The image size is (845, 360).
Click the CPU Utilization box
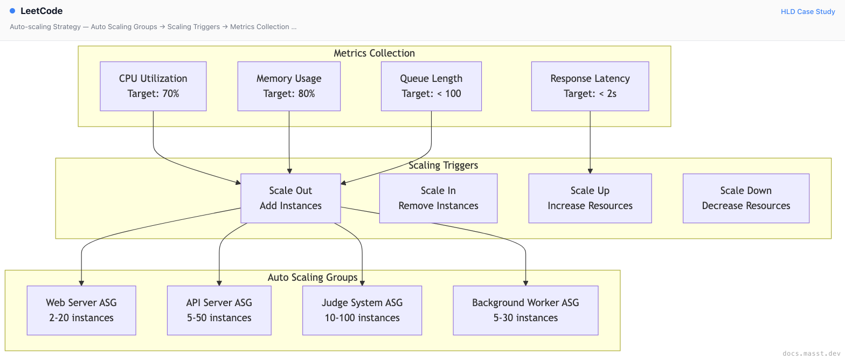tap(153, 86)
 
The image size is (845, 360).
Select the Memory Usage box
tap(289, 86)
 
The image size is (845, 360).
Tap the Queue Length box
tap(431, 86)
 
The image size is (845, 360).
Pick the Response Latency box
tap(590, 86)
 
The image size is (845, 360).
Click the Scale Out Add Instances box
tap(290, 198)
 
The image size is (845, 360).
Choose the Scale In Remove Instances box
tap(438, 198)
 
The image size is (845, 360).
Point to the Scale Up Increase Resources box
tap(590, 198)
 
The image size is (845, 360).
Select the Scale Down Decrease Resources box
tap(746, 198)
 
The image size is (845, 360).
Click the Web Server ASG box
tap(81, 310)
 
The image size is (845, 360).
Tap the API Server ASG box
tap(219, 310)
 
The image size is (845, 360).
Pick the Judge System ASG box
tap(362, 310)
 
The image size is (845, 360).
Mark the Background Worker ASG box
tap(525, 310)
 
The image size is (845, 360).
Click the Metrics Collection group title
tap(374, 53)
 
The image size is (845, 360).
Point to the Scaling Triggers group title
tap(443, 165)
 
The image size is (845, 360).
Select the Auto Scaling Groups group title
tap(313, 278)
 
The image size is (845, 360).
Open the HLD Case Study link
tap(808, 12)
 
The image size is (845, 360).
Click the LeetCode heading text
tap(41, 11)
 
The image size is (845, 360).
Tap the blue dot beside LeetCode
tap(12, 11)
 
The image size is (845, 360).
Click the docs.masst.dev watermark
tap(812, 354)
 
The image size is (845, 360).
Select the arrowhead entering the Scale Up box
tap(590, 171)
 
